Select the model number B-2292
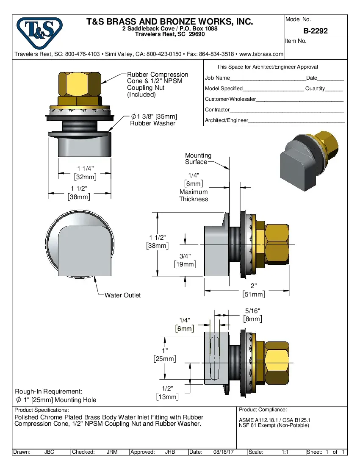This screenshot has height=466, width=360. click(315, 31)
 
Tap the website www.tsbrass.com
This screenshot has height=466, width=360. click(261, 54)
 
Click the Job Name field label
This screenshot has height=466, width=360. click(217, 78)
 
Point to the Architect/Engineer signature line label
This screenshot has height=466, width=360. click(226, 120)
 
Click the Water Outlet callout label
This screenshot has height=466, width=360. click(122, 295)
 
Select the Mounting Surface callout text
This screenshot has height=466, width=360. click(198, 159)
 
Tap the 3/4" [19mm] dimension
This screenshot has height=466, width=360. click(185, 260)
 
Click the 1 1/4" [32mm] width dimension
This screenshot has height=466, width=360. click(85, 173)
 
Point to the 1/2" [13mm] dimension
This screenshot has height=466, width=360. click(167, 393)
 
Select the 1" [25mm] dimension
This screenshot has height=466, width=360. click(165, 355)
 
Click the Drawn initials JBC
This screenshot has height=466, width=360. click(49, 452)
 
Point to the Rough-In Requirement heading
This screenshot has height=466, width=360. click(49, 391)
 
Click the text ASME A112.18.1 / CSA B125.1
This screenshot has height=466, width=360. click(275, 420)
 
